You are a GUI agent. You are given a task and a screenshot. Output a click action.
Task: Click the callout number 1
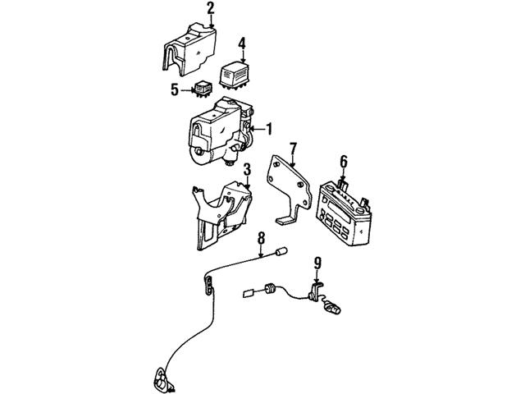point(268,129)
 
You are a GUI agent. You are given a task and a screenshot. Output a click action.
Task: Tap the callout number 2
point(211,9)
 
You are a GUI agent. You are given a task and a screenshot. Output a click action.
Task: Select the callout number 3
point(245,169)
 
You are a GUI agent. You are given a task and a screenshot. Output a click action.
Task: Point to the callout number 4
point(242,43)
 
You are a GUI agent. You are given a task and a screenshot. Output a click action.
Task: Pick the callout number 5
point(174,89)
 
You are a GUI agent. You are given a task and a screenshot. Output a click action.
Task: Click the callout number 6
point(343,161)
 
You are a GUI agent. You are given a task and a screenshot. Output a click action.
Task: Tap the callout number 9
point(317,264)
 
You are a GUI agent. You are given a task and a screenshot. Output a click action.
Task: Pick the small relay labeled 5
point(203,89)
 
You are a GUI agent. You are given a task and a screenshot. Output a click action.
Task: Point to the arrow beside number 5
point(187,89)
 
